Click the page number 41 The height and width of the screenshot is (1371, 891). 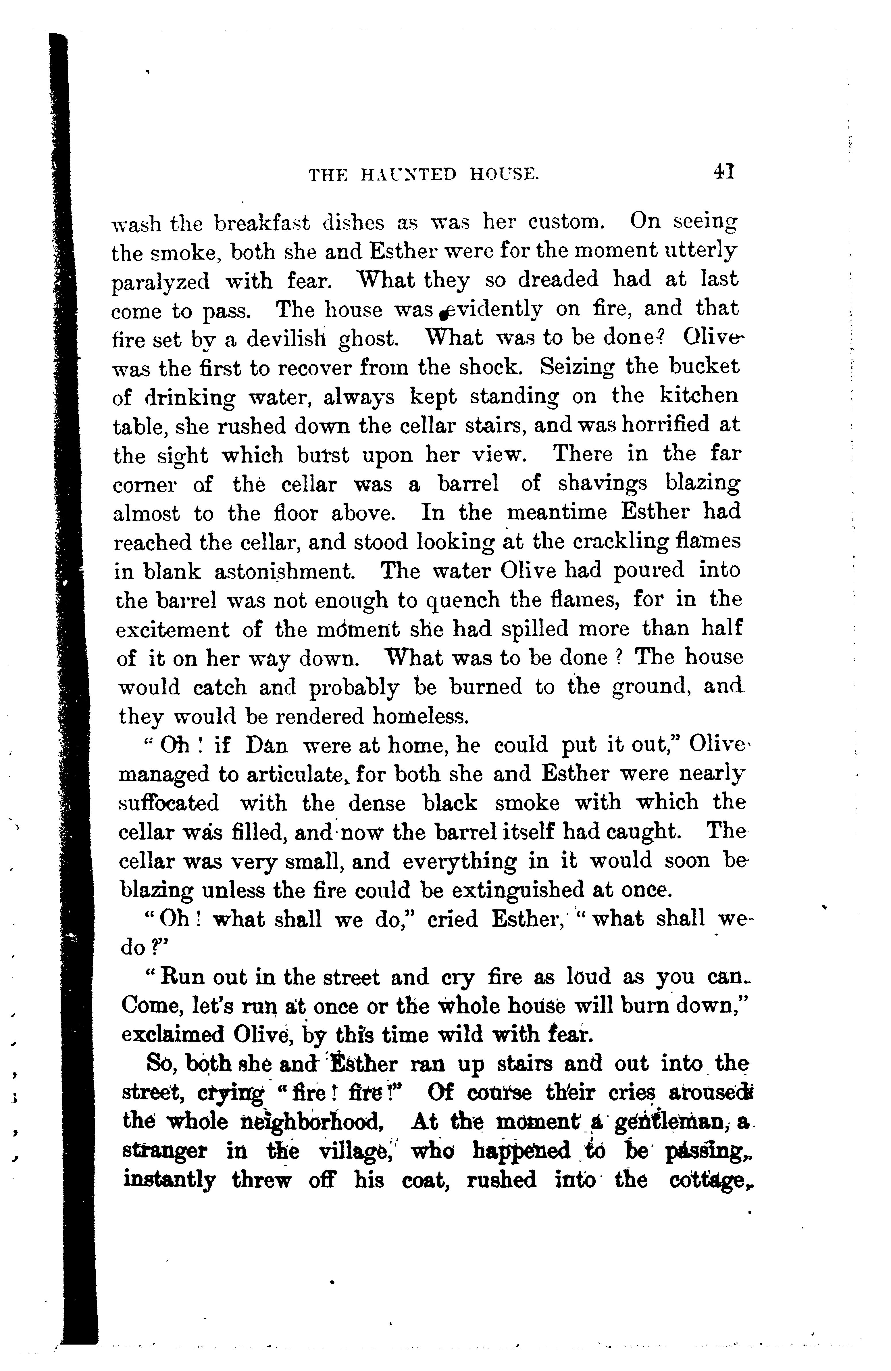(723, 172)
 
